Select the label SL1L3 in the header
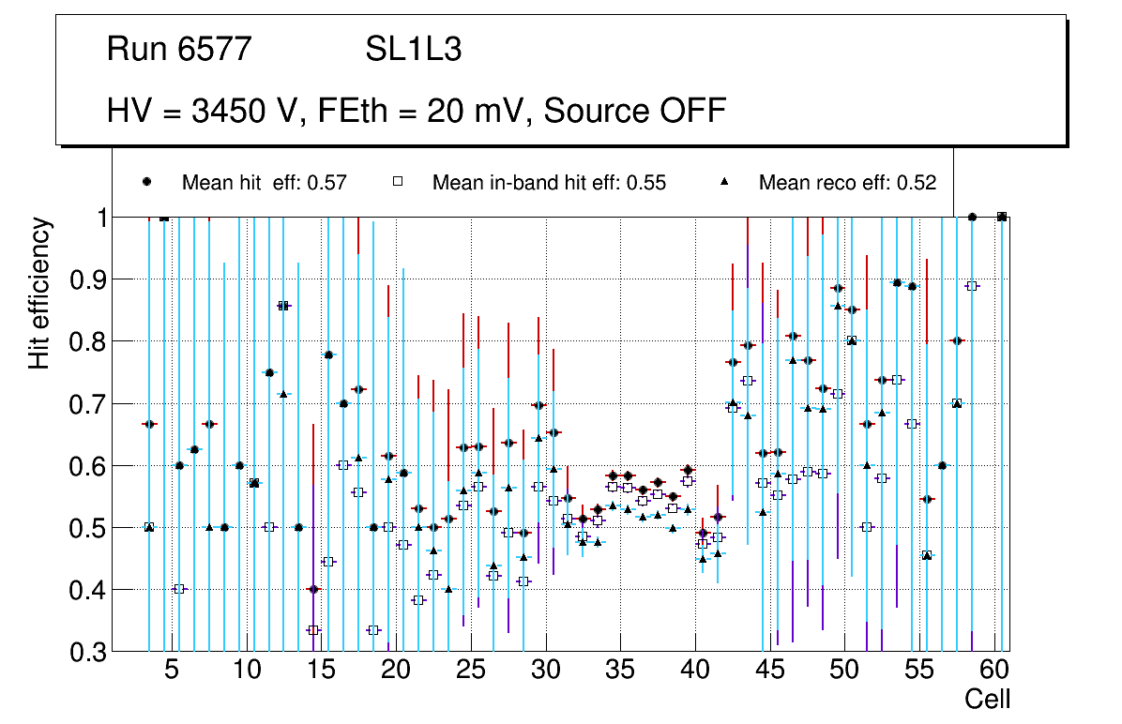[413, 50]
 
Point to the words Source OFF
[635, 111]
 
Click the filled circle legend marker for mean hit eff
[147, 182]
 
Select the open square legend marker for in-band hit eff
[398, 182]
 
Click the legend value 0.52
[916, 183]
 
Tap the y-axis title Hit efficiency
[39, 293]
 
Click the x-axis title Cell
[987, 699]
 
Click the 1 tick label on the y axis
[98, 217]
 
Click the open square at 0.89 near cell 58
[972, 286]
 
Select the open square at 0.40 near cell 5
[179, 589]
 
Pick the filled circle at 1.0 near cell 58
[972, 217]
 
